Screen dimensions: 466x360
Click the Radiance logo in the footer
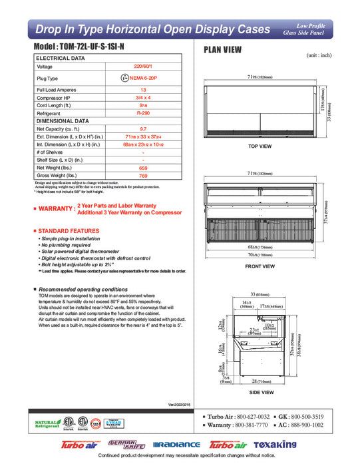click(176, 444)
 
